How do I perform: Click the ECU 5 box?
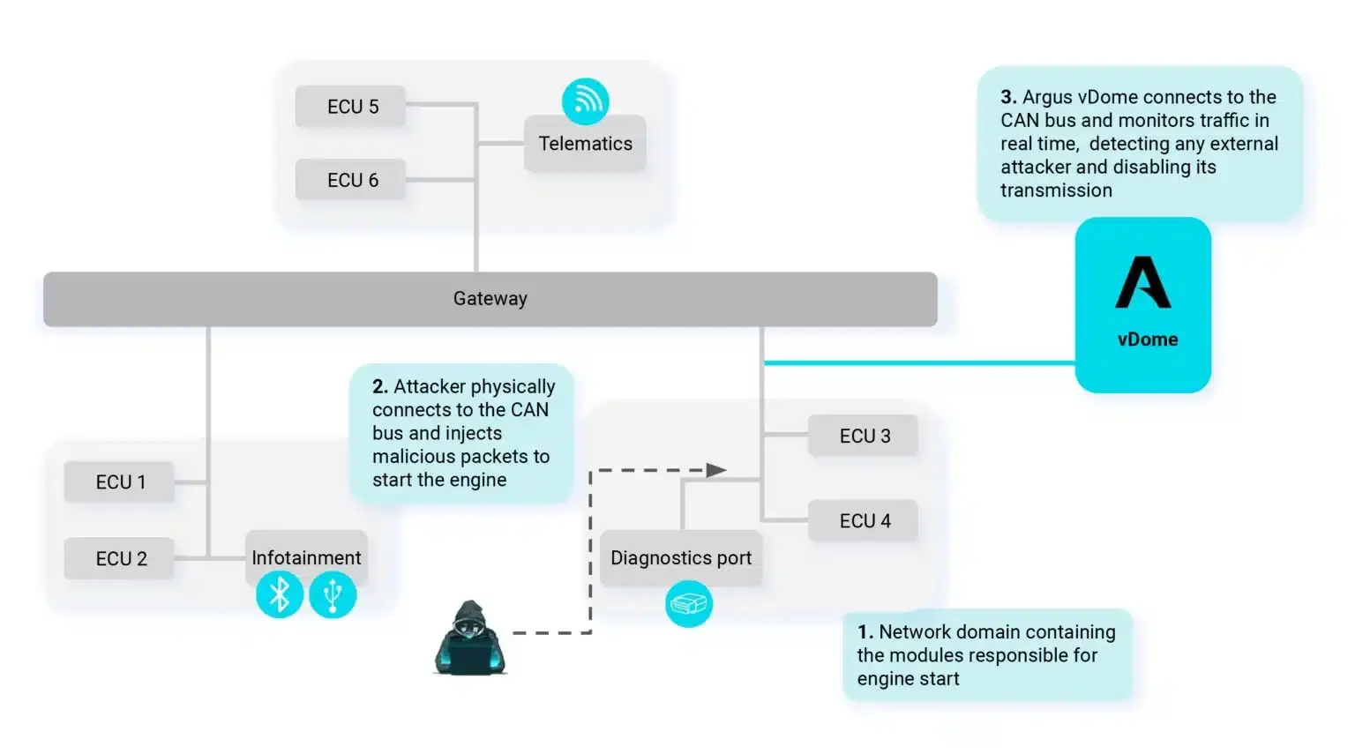tap(351, 107)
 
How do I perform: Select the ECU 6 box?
tap(351, 180)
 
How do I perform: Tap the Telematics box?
tap(585, 144)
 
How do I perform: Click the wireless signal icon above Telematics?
tap(585, 101)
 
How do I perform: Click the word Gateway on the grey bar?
tap(490, 299)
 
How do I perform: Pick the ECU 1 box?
tap(120, 482)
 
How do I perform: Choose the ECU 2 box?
tap(120, 559)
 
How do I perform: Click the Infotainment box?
tap(306, 556)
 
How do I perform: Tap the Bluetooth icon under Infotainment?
tap(280, 595)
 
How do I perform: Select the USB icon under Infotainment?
tap(333, 595)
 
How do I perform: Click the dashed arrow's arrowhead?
tap(716, 471)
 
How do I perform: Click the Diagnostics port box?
tap(681, 558)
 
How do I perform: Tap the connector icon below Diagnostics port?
tap(688, 604)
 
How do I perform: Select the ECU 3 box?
tap(864, 436)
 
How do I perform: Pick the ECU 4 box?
tap(864, 521)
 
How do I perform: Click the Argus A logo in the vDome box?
tap(1143, 283)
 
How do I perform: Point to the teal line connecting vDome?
tap(917, 362)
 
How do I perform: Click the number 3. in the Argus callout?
tap(1008, 97)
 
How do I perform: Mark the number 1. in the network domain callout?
tap(865, 632)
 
